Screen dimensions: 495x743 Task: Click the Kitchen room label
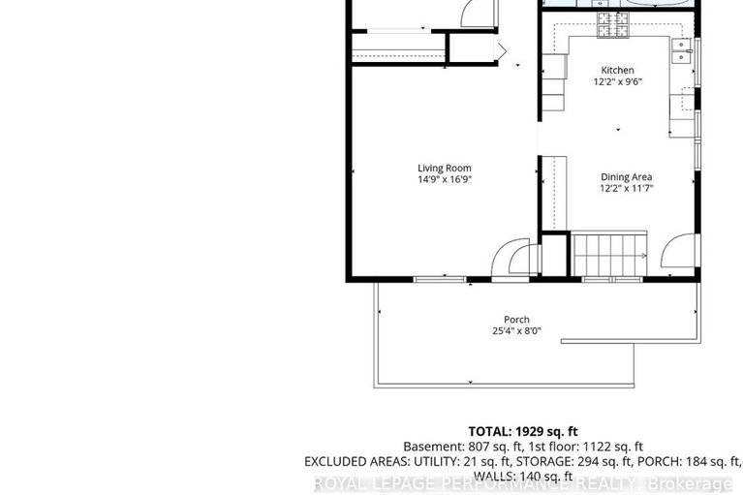[x=617, y=70]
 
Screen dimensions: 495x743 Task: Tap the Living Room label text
[x=445, y=168]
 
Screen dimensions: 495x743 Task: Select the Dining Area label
[x=626, y=176]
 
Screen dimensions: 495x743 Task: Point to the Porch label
[x=516, y=320]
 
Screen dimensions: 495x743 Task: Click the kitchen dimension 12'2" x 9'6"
[x=617, y=82]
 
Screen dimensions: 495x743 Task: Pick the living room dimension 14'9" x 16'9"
[x=445, y=179]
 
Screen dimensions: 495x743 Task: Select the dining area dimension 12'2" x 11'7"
[x=626, y=188]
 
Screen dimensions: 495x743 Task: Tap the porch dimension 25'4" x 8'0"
[x=516, y=331]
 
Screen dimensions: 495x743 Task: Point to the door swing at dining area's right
[x=677, y=251]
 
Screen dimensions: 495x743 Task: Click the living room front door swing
[x=513, y=260]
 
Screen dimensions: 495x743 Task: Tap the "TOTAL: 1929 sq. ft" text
[x=523, y=430]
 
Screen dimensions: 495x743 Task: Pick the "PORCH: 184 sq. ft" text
[x=689, y=461]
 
